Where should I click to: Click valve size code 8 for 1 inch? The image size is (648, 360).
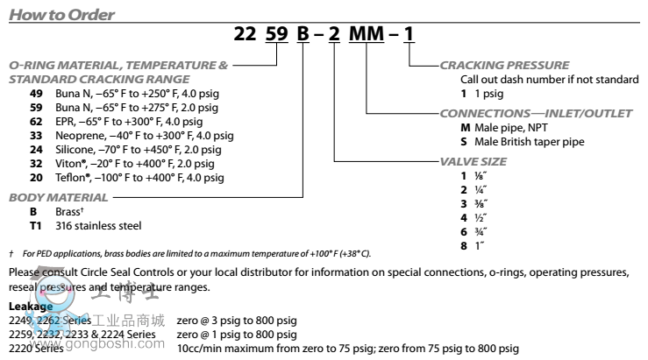coord(452,246)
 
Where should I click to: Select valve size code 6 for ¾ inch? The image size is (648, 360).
coord(452,232)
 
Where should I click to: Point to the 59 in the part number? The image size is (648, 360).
coord(274,37)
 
